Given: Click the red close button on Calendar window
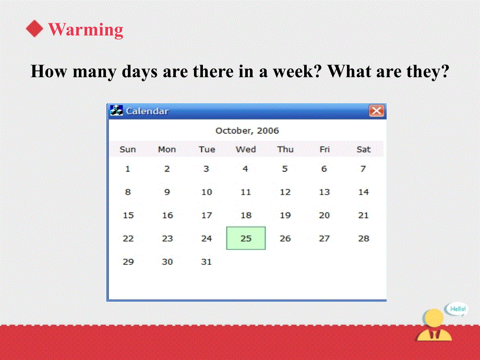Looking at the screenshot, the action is (377, 111).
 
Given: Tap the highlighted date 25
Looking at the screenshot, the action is (246, 238).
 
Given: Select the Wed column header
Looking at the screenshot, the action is (246, 149).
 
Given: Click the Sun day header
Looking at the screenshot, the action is (128, 149).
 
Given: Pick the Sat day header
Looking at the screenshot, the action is (364, 149).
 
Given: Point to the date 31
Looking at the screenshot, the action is (206, 262).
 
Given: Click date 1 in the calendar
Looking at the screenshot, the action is (128, 169).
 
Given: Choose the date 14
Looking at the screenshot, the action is (364, 192).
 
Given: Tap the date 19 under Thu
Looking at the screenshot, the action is (285, 215).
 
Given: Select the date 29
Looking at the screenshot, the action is (128, 262).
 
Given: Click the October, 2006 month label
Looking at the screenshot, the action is (247, 131).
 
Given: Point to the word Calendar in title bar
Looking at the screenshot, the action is (147, 111).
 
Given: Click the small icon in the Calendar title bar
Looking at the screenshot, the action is (116, 111).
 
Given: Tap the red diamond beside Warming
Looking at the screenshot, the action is (34, 29).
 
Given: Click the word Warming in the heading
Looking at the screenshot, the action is (86, 29).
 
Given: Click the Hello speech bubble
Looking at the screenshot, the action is (457, 309).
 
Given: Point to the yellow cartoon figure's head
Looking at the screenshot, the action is (433, 318).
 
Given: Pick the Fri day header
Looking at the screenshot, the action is (325, 149).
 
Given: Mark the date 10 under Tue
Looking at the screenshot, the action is (206, 192).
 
